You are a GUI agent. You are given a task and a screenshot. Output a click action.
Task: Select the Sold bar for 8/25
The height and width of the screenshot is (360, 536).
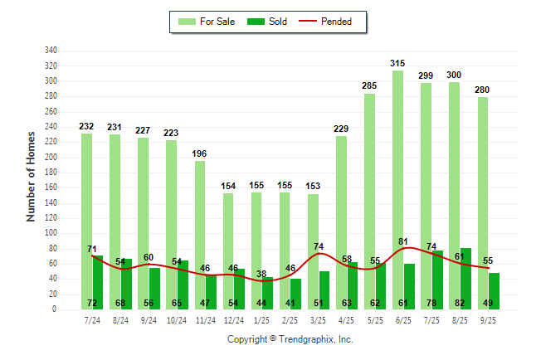[465, 274]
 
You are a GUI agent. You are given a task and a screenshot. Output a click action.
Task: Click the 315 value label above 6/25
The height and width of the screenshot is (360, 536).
[398, 64]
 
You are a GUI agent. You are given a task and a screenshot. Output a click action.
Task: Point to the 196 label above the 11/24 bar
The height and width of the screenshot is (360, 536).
[199, 154]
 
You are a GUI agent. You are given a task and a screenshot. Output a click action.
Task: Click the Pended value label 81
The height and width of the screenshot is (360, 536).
[403, 242]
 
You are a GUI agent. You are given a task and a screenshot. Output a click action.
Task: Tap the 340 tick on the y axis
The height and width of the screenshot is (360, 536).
[51, 51]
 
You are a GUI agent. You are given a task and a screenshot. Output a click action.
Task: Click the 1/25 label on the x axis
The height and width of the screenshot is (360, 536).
[261, 320]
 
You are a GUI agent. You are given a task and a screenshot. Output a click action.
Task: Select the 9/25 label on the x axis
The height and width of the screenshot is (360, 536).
[488, 320]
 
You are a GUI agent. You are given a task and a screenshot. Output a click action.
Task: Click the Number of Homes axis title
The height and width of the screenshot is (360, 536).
[31, 176]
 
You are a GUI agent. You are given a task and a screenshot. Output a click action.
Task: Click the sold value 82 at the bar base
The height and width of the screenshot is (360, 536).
[465, 304]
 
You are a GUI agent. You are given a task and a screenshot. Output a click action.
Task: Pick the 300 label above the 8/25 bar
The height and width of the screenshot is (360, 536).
[455, 75]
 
